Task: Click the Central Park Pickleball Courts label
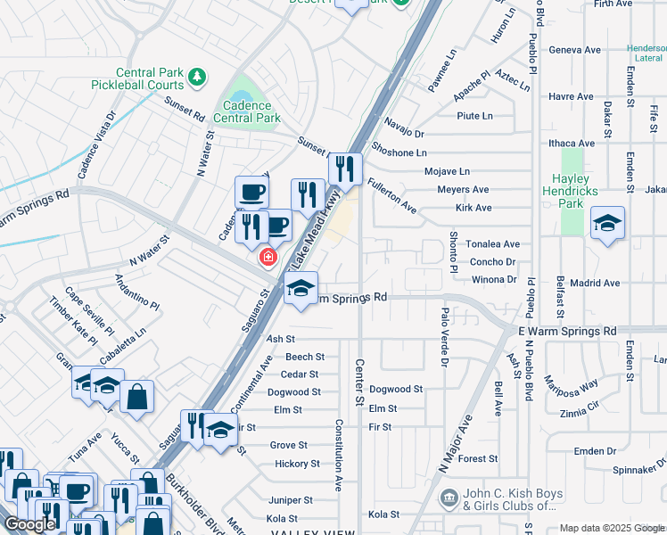[x=138, y=79]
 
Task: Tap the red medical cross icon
[x=266, y=258]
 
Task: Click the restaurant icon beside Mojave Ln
[x=345, y=169]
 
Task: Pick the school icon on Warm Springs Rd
[x=301, y=289]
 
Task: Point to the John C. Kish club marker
[x=449, y=496]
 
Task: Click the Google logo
[x=29, y=523]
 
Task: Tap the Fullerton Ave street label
[x=392, y=194]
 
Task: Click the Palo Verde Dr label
[x=444, y=337]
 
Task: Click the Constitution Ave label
[x=339, y=455]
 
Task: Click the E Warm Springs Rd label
[x=567, y=331]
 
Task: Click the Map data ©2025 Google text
[x=611, y=528]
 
